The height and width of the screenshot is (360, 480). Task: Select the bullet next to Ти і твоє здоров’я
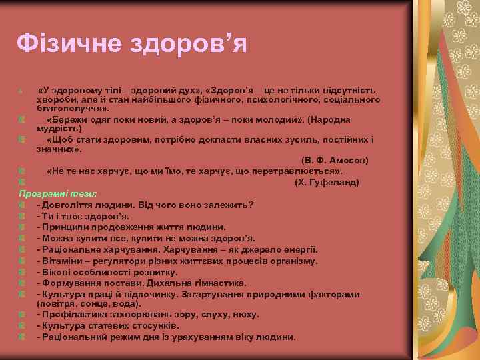point(22,216)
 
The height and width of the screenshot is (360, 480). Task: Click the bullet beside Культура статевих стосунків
point(22,326)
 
